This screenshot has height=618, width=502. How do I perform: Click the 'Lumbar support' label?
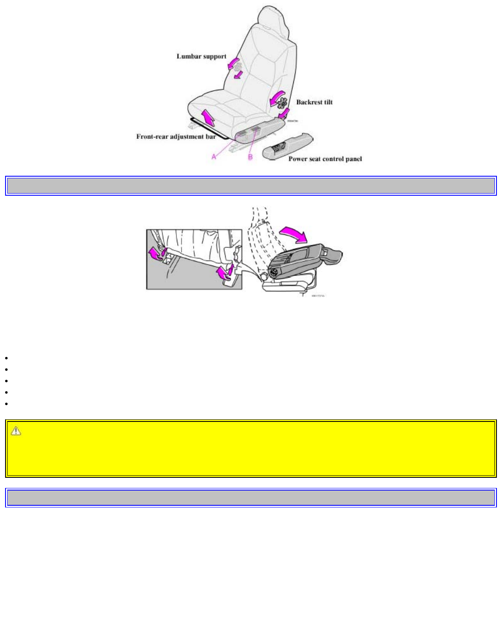[x=201, y=56]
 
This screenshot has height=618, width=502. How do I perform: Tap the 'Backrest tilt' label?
[x=314, y=102]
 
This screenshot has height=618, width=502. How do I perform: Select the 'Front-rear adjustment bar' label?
[x=176, y=137]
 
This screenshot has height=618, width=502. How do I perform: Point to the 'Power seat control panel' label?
[x=325, y=159]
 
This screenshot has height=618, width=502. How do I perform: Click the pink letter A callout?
[x=214, y=156]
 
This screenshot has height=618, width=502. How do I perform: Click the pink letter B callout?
[x=250, y=157]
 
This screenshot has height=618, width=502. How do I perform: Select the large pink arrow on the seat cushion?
[x=208, y=117]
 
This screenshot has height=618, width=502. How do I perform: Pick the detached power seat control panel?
[x=287, y=146]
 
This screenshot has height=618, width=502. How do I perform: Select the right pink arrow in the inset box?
[x=225, y=272]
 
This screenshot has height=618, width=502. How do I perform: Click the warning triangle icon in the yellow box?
[x=16, y=431]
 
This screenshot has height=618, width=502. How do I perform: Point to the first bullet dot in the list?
[x=7, y=358]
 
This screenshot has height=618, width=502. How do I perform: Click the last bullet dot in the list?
[x=7, y=404]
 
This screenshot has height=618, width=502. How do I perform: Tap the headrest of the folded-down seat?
[x=333, y=255]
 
